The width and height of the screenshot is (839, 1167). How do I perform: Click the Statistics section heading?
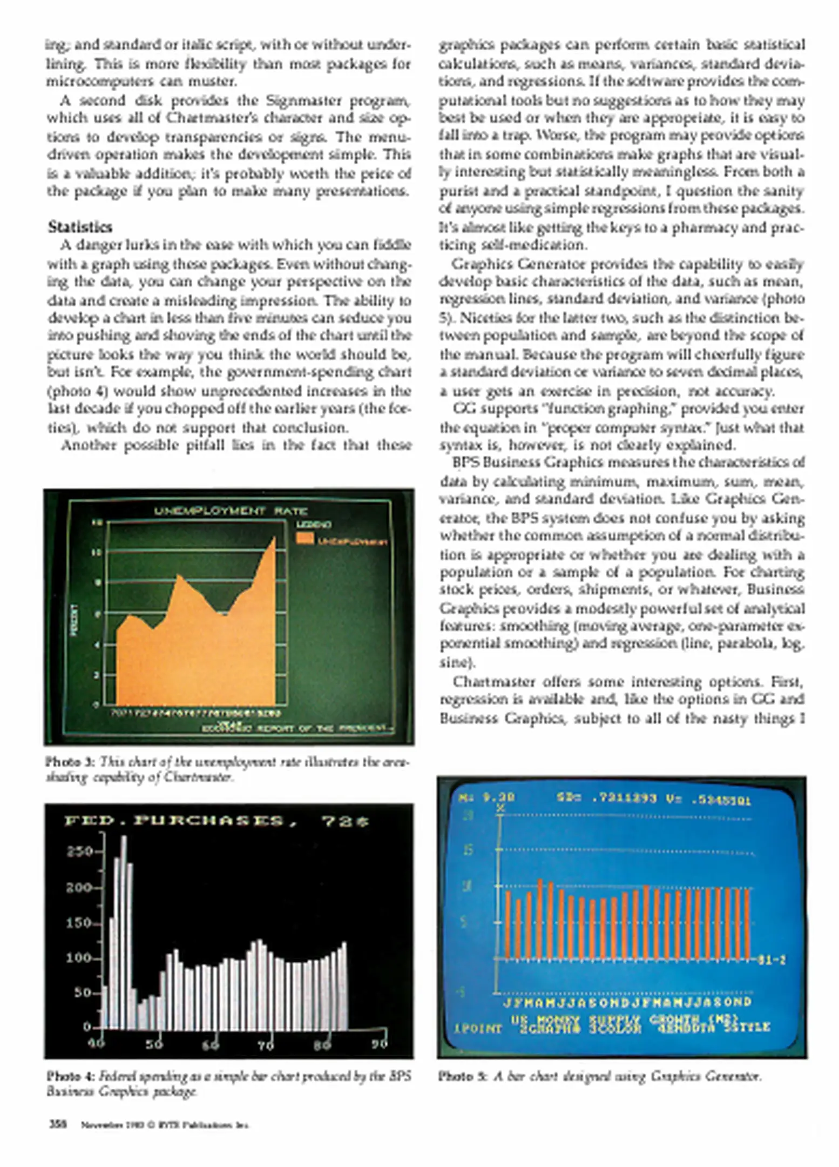(x=80, y=226)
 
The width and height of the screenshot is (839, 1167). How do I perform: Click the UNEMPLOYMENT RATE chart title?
(x=231, y=511)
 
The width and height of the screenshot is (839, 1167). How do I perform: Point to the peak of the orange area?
(x=274, y=538)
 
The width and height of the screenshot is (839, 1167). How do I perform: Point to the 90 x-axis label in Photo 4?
(x=380, y=1043)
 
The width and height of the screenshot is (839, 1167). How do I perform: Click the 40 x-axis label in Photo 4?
(x=96, y=1043)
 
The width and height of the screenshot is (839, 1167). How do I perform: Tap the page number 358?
(x=58, y=1124)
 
